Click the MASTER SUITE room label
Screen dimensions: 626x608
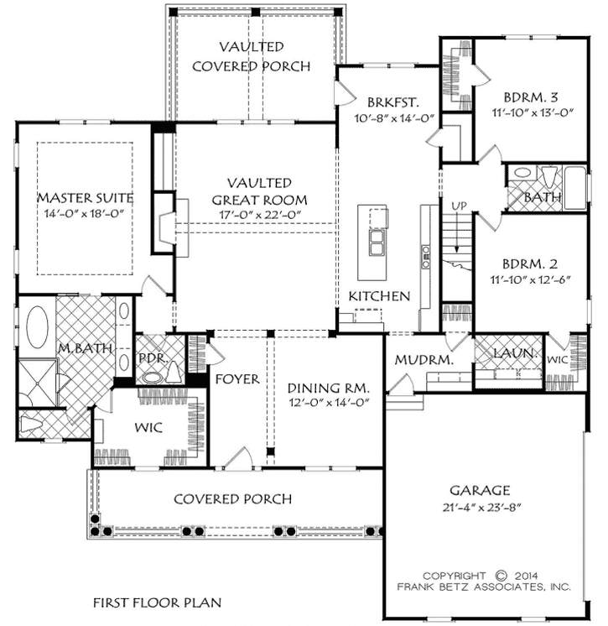pyautogui.click(x=86, y=197)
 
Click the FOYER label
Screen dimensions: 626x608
pyautogui.click(x=237, y=379)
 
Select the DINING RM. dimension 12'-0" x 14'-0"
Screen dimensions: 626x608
pyautogui.click(x=328, y=404)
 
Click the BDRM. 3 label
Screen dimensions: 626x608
pyautogui.click(x=525, y=96)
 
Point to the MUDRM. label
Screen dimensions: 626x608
pyautogui.click(x=424, y=360)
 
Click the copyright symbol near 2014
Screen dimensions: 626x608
pyautogui.click(x=501, y=575)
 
